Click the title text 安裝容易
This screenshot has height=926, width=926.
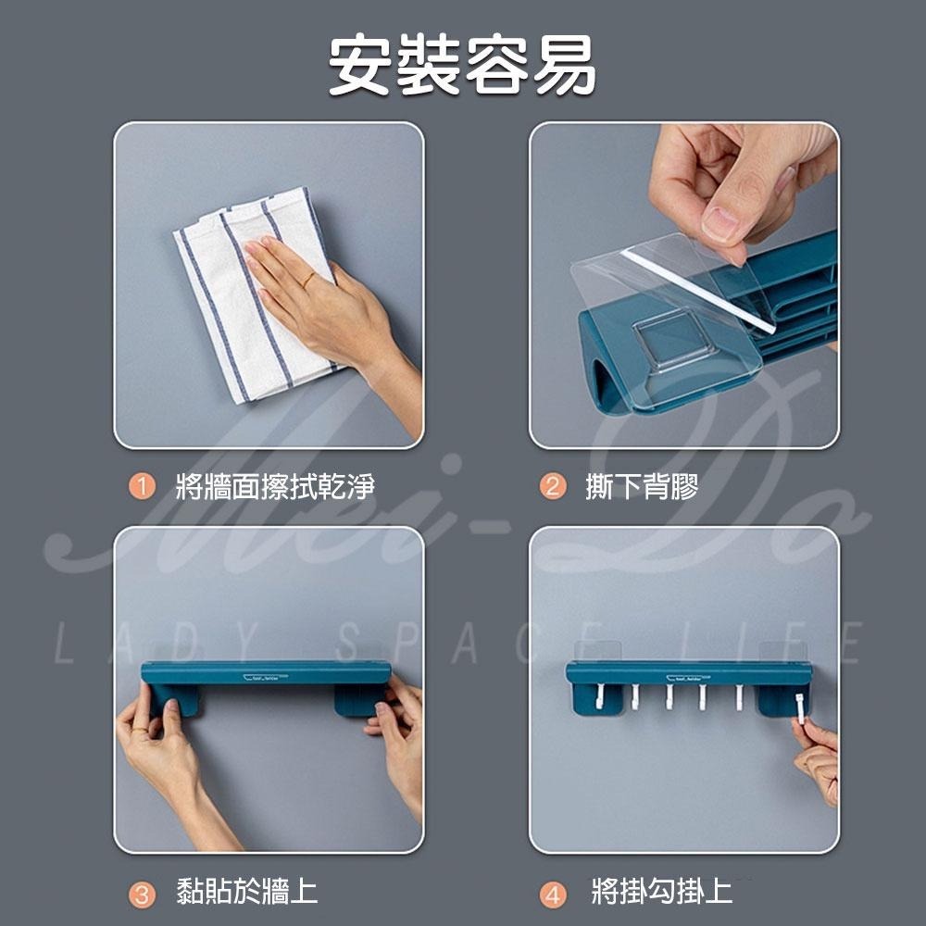(462, 66)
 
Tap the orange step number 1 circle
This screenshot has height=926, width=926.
(141, 486)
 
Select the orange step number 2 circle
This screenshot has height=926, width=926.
(552, 486)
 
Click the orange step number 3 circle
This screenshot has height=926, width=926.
(141, 894)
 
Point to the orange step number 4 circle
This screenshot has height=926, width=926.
(552, 894)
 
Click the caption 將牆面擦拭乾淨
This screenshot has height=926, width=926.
(275, 486)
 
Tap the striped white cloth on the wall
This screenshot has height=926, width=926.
(231, 306)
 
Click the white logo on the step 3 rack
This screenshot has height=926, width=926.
(265, 677)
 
